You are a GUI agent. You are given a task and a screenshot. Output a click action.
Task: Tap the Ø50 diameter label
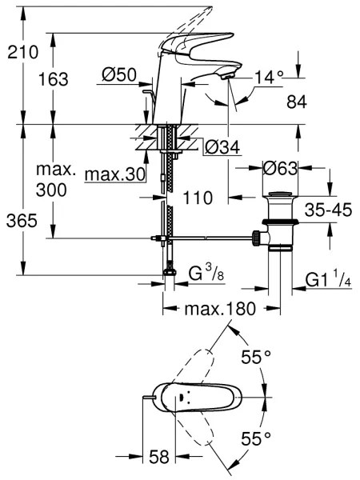120,77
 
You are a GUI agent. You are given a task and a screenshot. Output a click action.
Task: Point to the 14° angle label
270,78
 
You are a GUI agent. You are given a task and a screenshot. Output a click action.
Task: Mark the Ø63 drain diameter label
279,170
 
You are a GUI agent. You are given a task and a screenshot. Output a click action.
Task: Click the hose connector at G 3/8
170,274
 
